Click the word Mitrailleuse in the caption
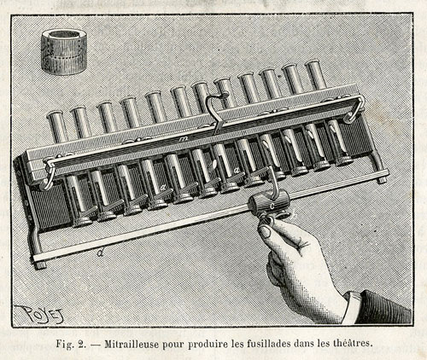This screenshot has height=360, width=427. coord(132,344)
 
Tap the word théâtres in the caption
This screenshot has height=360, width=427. coord(353,343)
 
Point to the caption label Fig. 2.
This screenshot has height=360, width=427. coord(71,344)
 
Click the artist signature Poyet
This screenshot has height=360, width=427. coord(39,314)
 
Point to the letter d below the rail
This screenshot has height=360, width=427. coord(100,253)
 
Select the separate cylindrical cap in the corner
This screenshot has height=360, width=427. coord(64,51)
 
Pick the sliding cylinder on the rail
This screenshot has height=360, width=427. coord(269,204)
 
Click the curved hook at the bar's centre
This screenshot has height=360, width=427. coord(217,113)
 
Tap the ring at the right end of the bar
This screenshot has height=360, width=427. coord(356,110)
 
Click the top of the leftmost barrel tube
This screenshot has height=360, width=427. coord(55,113)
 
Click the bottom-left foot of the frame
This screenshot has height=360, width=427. coord(40,265)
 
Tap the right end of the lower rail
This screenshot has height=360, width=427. coord(386,171)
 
